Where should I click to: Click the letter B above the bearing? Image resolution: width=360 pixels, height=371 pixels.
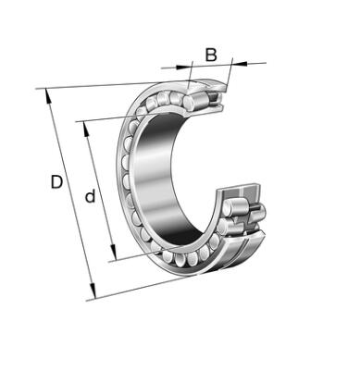[211, 55]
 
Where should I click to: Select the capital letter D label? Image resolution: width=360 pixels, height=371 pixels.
[56, 182]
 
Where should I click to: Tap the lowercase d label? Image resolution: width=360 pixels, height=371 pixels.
[90, 196]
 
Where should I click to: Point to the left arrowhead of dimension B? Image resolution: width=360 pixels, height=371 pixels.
[183, 67]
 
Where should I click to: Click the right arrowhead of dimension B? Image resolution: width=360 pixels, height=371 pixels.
[240, 64]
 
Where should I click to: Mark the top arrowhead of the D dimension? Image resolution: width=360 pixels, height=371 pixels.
[48, 95]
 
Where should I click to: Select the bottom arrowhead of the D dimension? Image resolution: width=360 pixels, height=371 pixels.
[93, 291]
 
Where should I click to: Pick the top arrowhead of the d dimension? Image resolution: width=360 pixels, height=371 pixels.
[86, 129]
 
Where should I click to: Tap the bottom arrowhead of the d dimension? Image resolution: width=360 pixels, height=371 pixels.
[113, 254]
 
